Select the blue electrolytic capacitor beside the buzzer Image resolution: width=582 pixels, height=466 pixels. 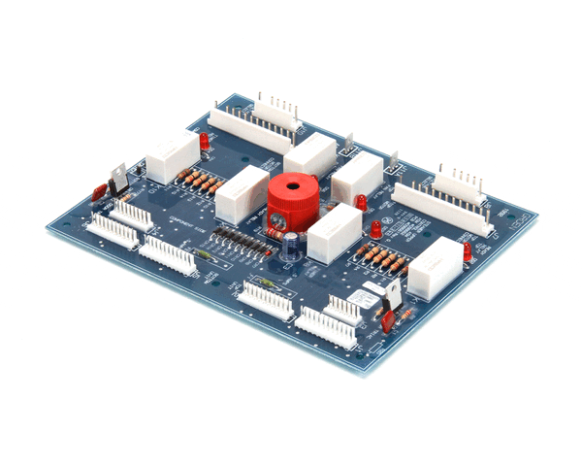point(291,249)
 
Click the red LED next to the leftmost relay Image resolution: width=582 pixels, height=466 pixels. point(206,143)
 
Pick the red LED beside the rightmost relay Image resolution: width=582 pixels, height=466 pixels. point(467,251)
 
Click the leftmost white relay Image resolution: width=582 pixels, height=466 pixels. point(173,155)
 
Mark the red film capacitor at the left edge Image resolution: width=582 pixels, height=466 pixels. point(99,191)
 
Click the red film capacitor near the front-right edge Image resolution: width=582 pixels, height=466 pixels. point(388,321)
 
